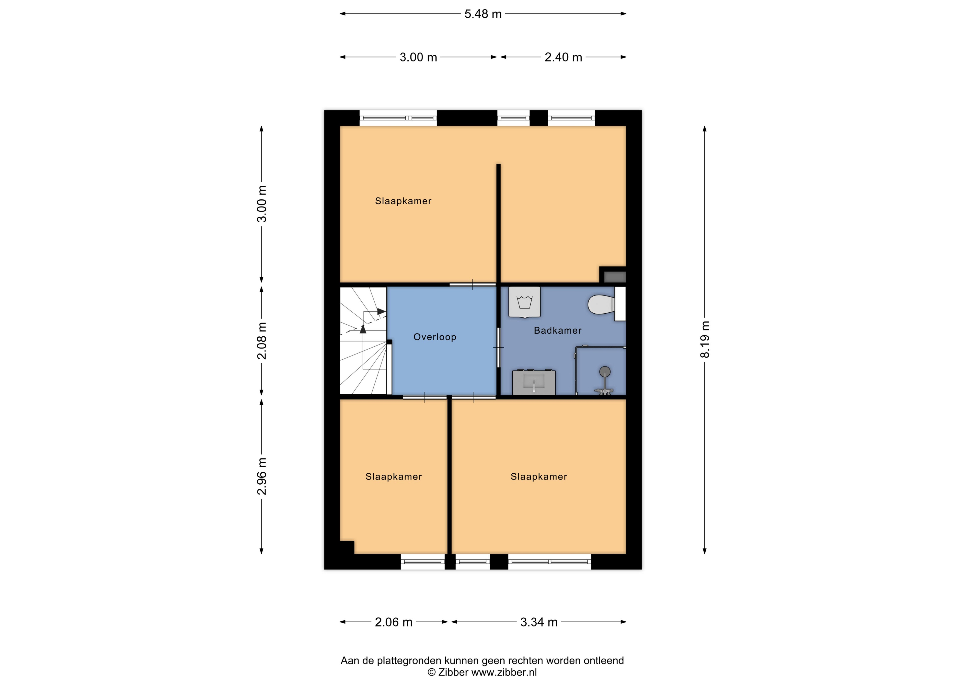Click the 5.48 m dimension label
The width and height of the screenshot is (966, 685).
coord(483,14)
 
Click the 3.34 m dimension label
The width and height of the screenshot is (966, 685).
coord(539,622)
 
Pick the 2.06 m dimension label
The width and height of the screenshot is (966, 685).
coord(394,622)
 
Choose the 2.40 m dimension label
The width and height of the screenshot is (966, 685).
coord(563,57)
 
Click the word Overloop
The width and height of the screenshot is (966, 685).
coord(435,337)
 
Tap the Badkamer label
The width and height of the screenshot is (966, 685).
coord(558,331)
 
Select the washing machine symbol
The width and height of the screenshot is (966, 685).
coord(524,302)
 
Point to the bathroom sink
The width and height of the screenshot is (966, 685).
coord(534,383)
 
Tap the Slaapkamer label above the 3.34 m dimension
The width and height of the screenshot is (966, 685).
coord(539,477)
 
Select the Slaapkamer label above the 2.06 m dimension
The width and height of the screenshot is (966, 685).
coord(394,477)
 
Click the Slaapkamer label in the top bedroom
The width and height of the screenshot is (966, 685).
coord(403,201)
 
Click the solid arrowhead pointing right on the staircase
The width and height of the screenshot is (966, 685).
coord(382,312)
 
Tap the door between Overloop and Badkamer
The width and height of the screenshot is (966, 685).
coord(498,347)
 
